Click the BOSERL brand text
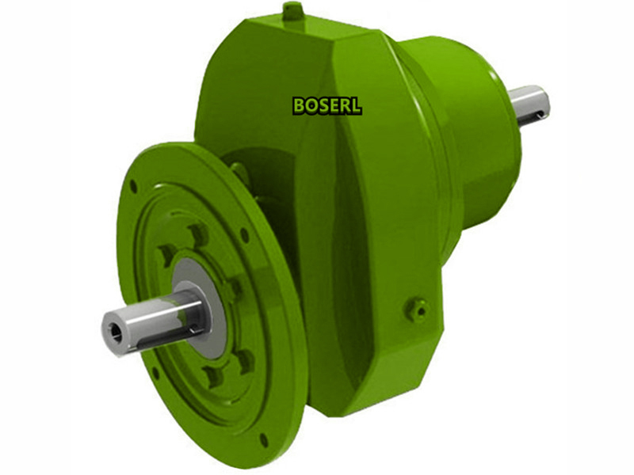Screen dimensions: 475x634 [x=327, y=105]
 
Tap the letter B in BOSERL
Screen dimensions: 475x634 [x=299, y=105]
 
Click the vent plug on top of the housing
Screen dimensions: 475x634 [x=292, y=11]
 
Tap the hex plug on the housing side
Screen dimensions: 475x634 [x=415, y=308]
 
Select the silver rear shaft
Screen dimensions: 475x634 [x=529, y=104]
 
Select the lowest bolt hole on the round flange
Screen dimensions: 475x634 [x=263, y=439]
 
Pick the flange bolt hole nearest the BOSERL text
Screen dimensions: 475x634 [x=245, y=234]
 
